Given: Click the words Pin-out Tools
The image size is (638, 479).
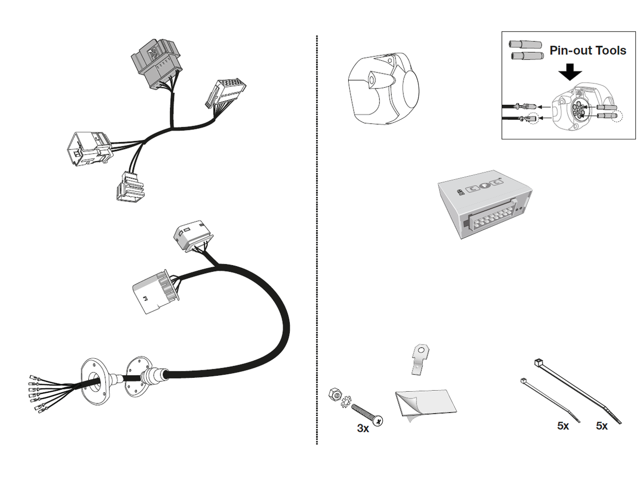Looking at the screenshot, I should (x=588, y=51).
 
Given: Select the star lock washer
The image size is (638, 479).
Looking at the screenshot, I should (x=345, y=404).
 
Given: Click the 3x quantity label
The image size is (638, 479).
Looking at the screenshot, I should (x=363, y=428).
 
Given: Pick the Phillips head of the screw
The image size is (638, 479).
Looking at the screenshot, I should (x=377, y=421).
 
